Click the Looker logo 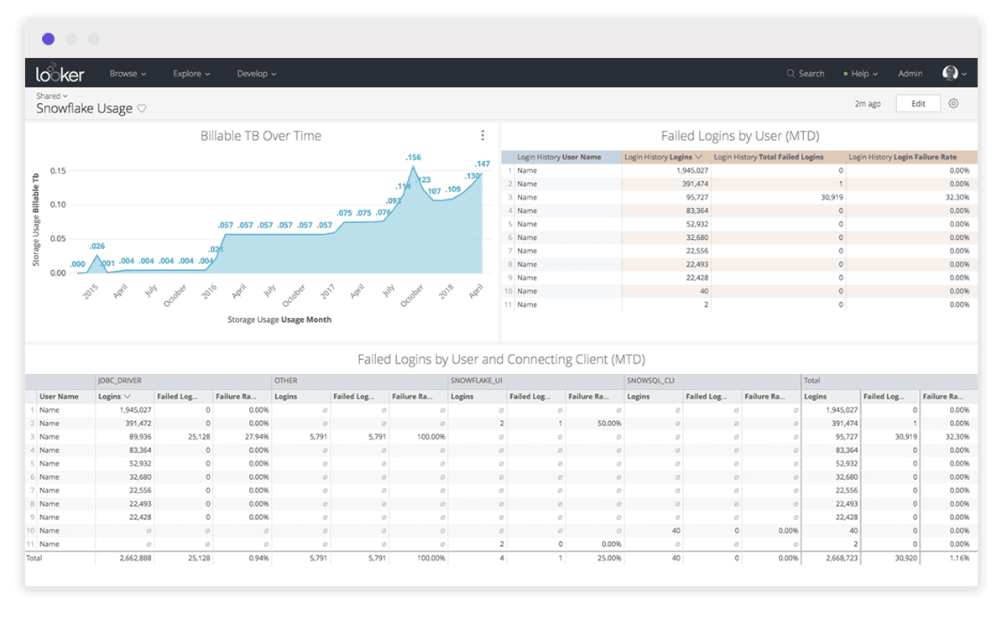60,74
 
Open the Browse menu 128,74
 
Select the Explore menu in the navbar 191,74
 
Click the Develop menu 256,74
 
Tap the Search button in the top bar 806,74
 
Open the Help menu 861,74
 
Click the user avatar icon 950,74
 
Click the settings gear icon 953,104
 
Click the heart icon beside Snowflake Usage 142,109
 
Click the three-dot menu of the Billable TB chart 483,136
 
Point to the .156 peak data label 413,158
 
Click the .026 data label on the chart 97,246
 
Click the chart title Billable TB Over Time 260,136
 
